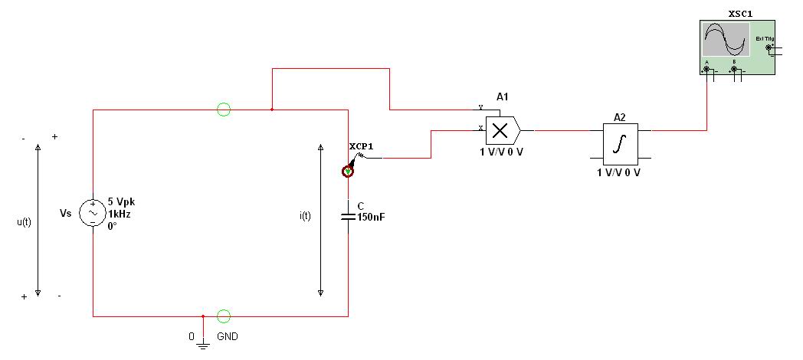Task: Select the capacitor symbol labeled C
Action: click(348, 215)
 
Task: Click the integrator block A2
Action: click(620, 143)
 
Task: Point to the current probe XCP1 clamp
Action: click(348, 172)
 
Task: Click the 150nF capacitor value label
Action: click(371, 218)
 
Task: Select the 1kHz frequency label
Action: click(120, 214)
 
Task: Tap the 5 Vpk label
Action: click(121, 202)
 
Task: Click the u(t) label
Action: click(24, 222)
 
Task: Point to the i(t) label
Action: click(305, 215)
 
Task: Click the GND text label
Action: click(228, 336)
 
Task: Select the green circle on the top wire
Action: click(224, 110)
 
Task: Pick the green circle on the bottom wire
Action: click(224, 316)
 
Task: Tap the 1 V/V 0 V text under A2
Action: click(619, 172)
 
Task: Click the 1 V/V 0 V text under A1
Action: click(501, 151)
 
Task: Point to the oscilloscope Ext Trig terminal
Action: click(769, 47)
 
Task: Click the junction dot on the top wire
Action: click(272, 110)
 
